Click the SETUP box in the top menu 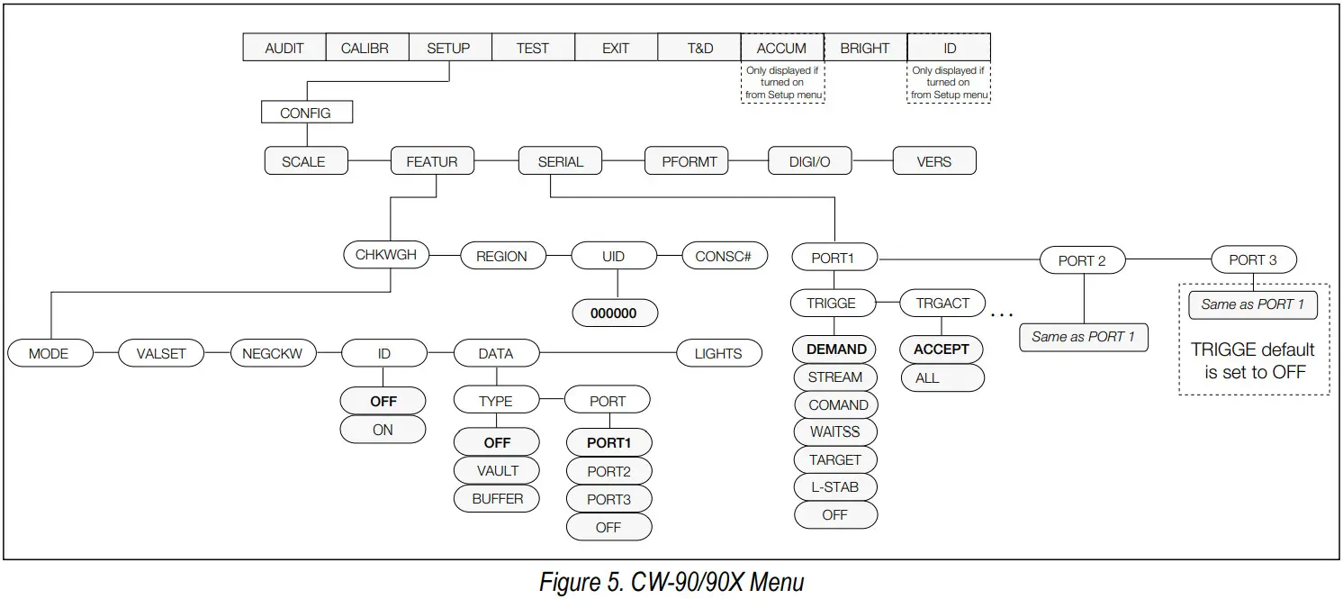coord(448,49)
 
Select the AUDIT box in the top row coord(284,49)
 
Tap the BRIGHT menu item coord(864,49)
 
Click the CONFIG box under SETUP coord(305,113)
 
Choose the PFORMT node coord(689,162)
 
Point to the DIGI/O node coord(809,162)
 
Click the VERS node coord(933,162)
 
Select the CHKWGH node coord(386,255)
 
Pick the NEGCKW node coord(272,354)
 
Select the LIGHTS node coord(718,354)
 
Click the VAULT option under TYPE coord(497,470)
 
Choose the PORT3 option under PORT coord(608,499)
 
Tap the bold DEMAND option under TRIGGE coord(836,349)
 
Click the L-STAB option coord(834,487)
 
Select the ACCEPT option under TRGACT coord(942,349)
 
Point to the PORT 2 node coord(1082,260)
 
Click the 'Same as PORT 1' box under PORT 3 coord(1252,304)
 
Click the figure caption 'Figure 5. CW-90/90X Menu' coord(671,583)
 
